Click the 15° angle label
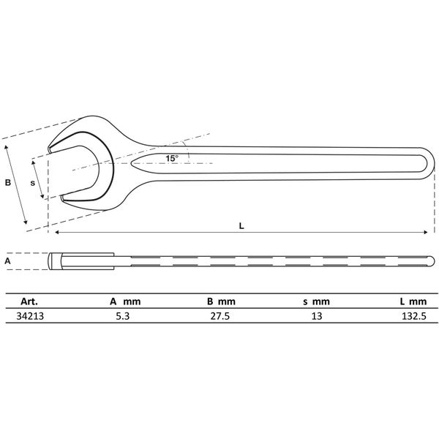pos(171,158)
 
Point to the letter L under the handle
pos(241,225)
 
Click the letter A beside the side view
pos(8,260)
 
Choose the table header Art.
pos(29,301)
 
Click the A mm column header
pos(124,301)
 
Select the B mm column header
pos(220,301)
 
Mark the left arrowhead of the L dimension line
pos(53,233)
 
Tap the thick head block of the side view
pos(80,260)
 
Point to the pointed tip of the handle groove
pos(133,162)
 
